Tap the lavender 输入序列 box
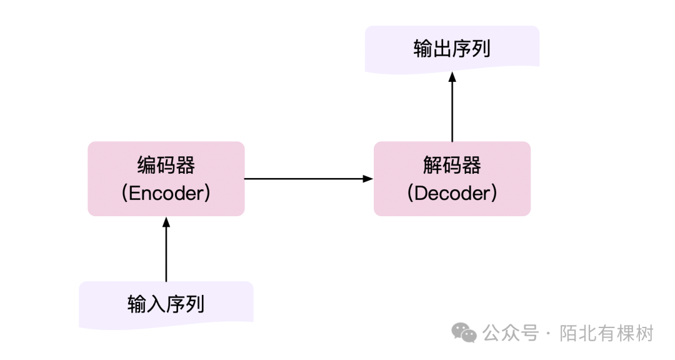166,304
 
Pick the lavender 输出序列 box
452,49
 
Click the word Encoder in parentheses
166,193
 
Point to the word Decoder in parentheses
452,193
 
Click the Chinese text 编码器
166,166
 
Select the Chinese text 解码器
452,166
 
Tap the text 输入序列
166,305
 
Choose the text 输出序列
452,49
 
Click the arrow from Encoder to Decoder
306,179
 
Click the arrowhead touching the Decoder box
369,179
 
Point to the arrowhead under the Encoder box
166,221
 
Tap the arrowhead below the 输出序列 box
452,76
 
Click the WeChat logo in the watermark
464,332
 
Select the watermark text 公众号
510,333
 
